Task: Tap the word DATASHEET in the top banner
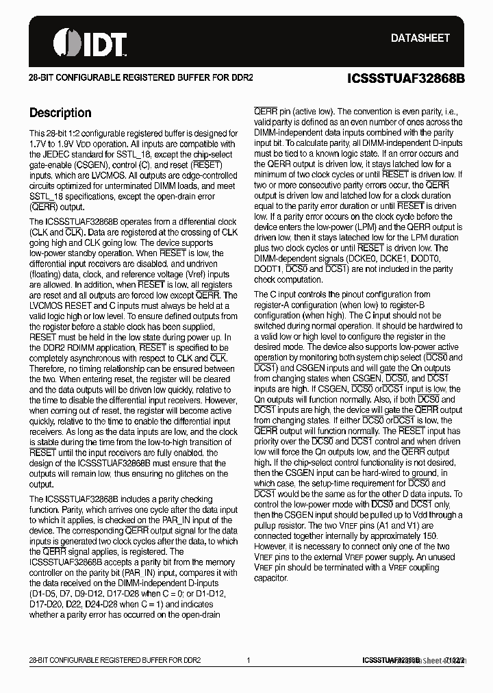coord(420,38)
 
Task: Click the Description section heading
coord(60,113)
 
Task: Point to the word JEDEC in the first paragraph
coord(58,155)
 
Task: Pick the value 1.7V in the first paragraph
coord(40,144)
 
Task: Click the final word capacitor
coord(271,578)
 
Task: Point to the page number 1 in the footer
coord(249,660)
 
